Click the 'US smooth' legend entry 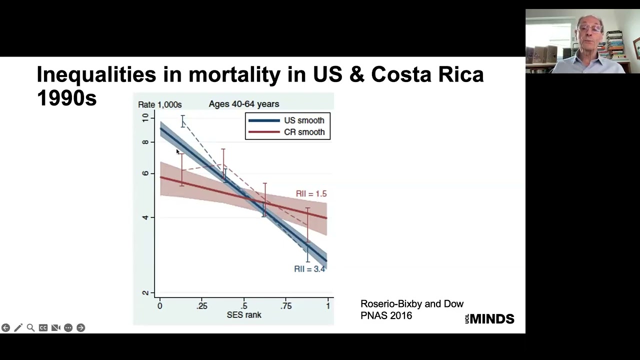coord(303,120)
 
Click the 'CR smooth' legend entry coord(303,132)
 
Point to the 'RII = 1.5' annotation coord(311,194)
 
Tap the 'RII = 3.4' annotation coord(309,269)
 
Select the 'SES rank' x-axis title coord(244,315)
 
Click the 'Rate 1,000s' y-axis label coord(159,104)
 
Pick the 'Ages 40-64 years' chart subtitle coord(244,104)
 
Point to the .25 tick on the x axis coord(201,306)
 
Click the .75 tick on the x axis coord(286,306)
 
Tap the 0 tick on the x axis coord(159,306)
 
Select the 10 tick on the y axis coord(145,117)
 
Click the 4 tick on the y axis coord(145,217)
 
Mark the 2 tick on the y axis coord(145,293)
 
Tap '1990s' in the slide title coord(66,98)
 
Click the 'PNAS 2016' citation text coord(386,316)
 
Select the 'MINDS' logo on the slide coord(492,319)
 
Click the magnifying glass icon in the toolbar coord(30,327)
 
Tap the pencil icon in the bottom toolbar coord(18,327)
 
